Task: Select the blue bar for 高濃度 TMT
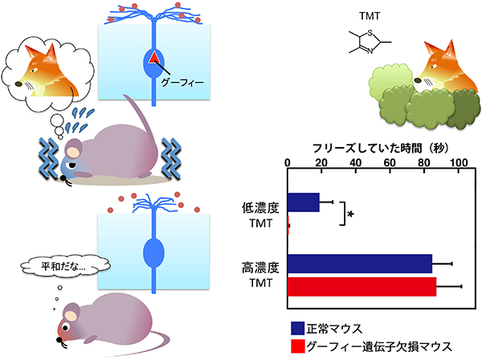tap(359, 264)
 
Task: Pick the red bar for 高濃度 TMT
tap(361, 286)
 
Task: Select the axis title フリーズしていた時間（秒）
tap(373, 149)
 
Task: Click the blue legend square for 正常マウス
tap(297, 328)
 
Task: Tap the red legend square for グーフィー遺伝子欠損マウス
tap(297, 346)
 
